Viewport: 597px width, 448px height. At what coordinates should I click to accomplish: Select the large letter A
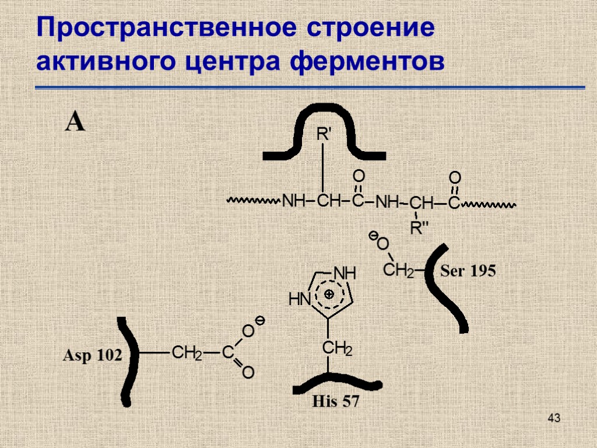75,123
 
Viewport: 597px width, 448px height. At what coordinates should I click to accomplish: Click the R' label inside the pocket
323,135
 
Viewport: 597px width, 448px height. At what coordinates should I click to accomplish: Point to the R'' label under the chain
419,228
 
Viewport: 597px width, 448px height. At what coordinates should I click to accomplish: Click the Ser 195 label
468,271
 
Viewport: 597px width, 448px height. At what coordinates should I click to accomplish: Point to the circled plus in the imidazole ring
329,295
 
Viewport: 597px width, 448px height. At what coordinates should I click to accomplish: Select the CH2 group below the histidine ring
338,349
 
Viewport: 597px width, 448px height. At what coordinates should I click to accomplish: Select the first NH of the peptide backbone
294,202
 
